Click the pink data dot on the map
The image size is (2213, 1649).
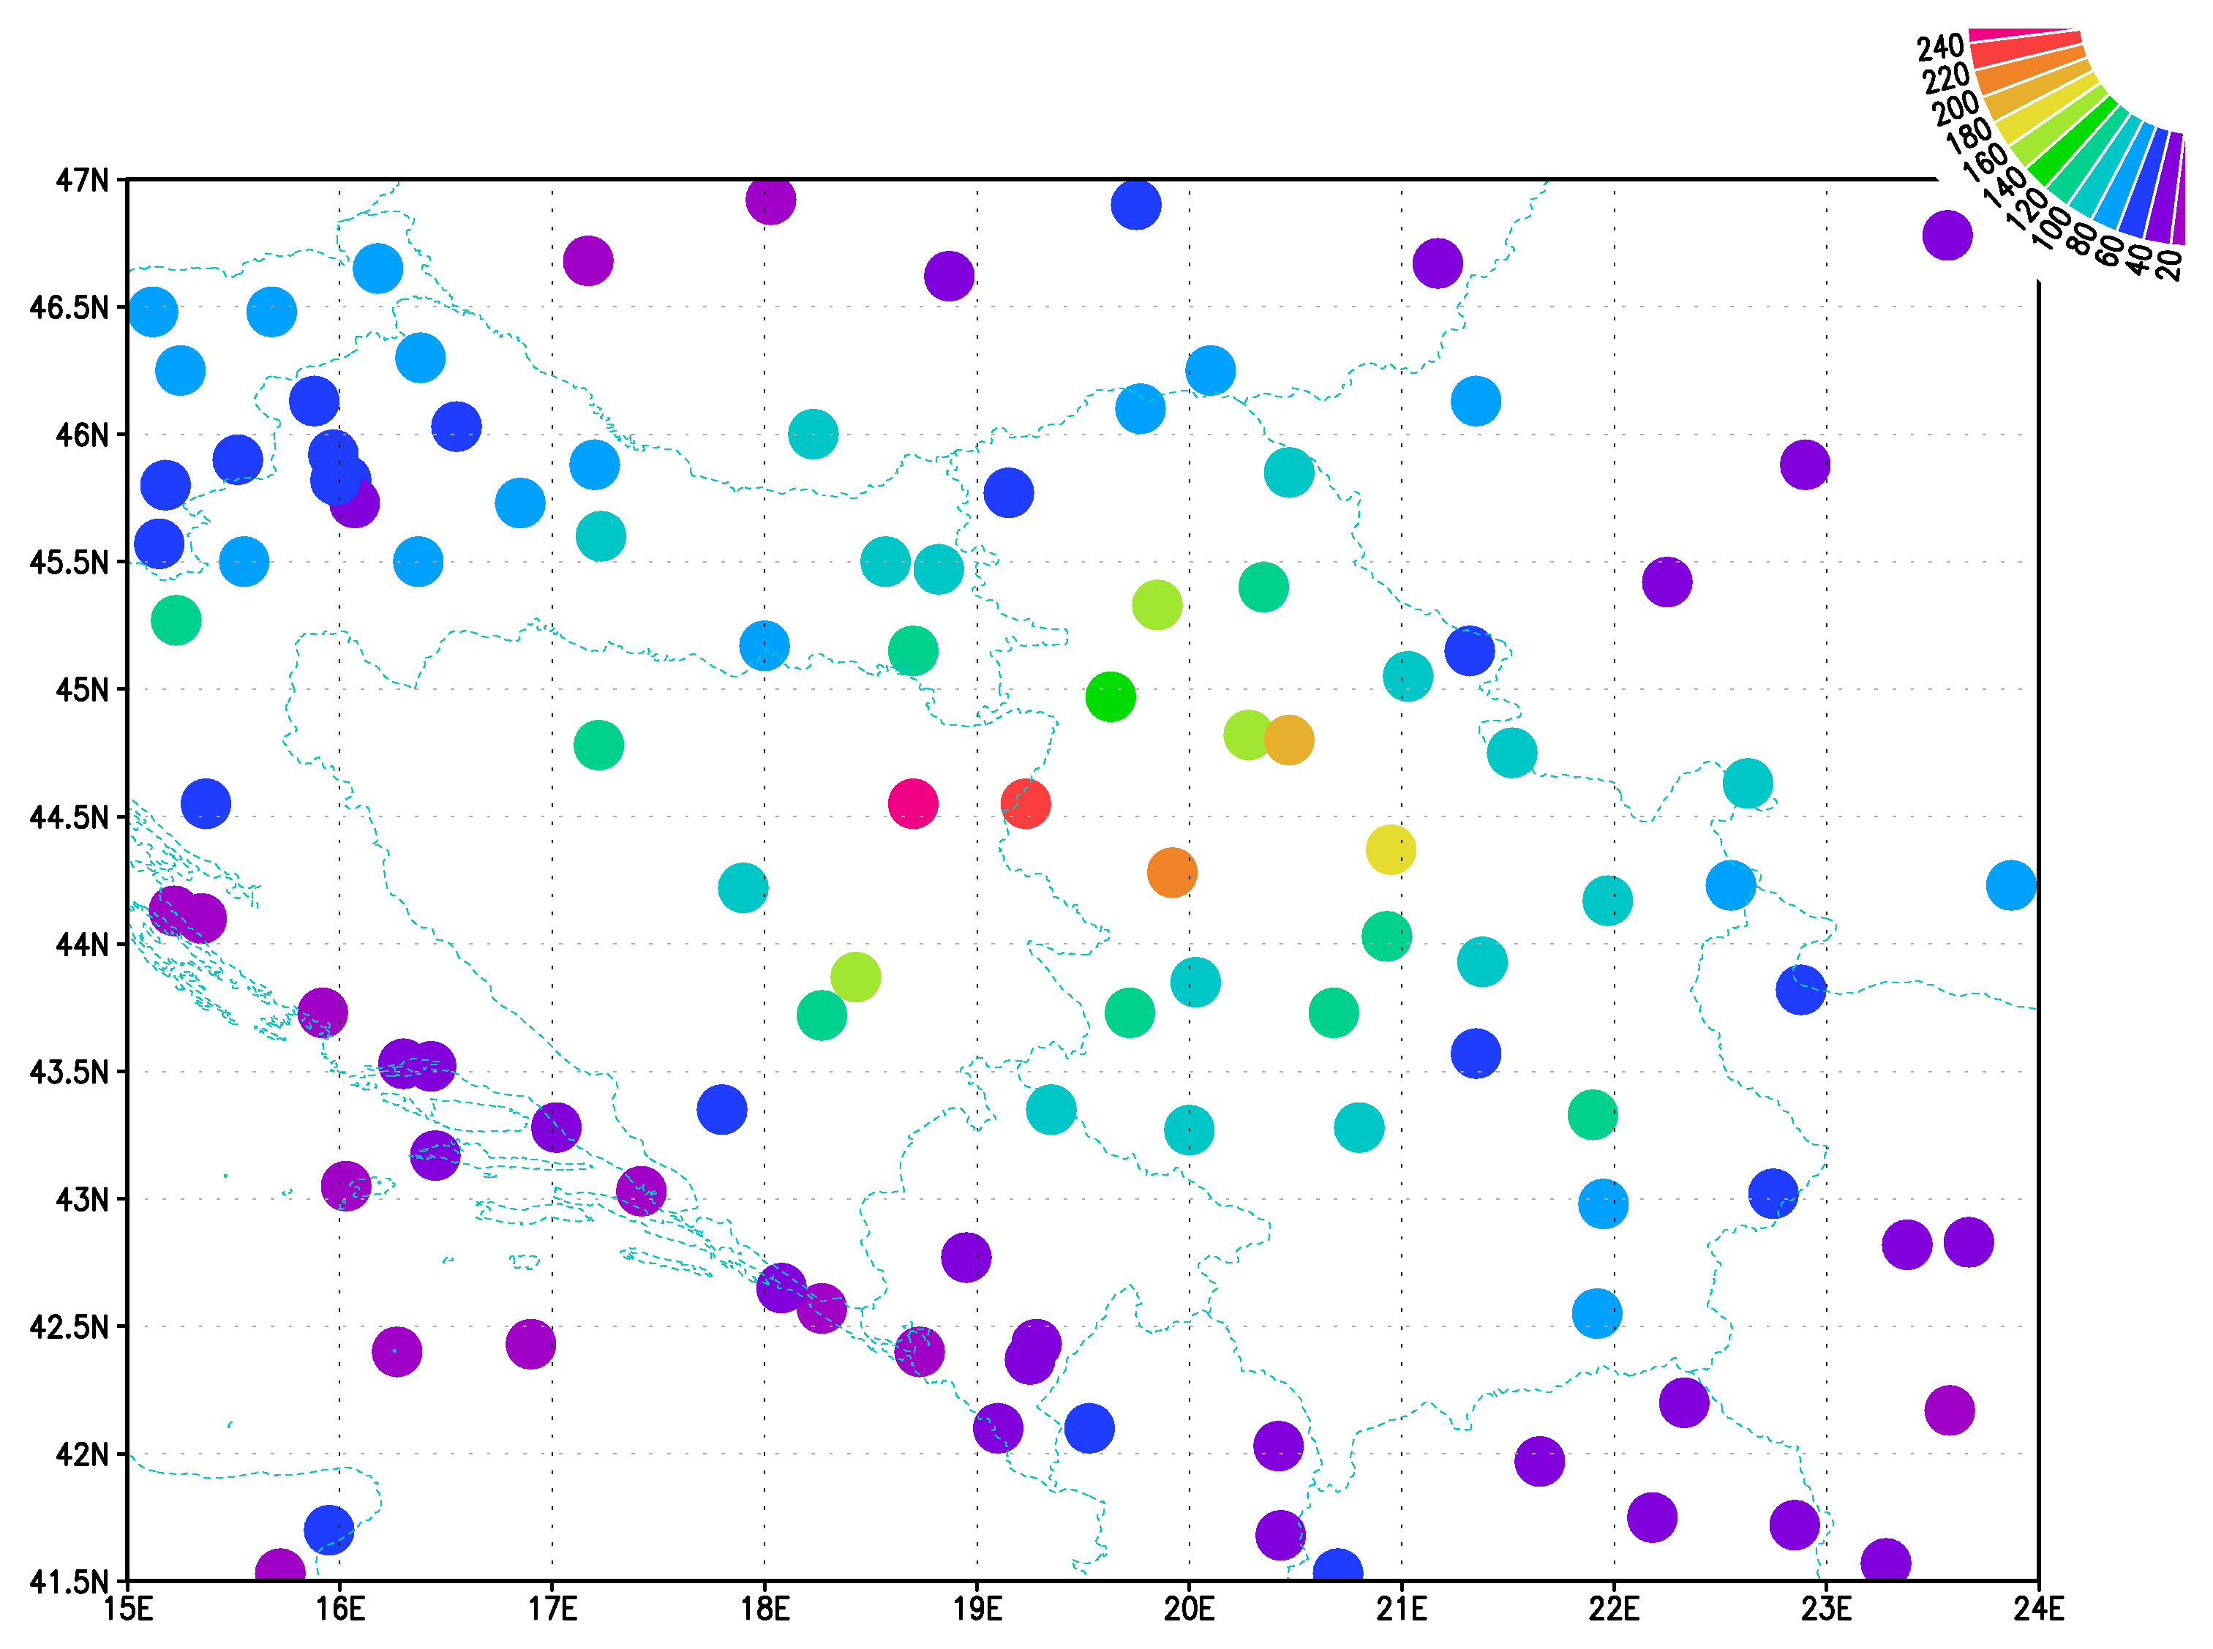pos(912,803)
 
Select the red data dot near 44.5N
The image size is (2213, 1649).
pos(1025,803)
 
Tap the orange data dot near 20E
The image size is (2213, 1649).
pos(1172,872)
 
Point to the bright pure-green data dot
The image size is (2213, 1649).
pos(1110,696)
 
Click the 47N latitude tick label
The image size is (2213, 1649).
pos(82,181)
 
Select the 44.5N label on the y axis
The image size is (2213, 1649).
pos(69,817)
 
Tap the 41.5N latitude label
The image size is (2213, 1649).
pos(69,1581)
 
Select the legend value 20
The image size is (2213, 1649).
pos(2168,265)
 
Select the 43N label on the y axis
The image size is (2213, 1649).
pos(82,1199)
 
